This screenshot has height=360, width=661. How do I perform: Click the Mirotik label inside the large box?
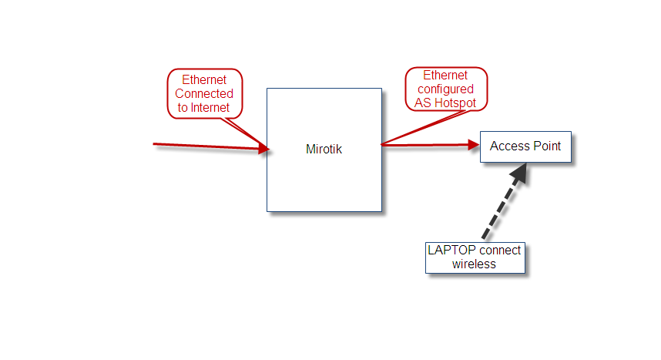(324, 150)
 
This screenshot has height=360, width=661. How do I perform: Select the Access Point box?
(525, 146)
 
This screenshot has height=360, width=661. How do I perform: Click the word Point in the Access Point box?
(546, 146)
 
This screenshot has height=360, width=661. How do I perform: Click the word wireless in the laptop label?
(474, 264)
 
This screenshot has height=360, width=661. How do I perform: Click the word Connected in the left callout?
(204, 94)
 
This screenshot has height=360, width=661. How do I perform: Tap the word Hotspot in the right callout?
(456, 103)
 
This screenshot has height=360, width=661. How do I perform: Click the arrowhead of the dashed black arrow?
(518, 174)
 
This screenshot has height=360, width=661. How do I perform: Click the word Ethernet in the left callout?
(204, 80)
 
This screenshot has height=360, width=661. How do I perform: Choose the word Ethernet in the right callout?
(445, 76)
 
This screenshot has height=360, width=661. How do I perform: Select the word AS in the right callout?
(423, 103)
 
